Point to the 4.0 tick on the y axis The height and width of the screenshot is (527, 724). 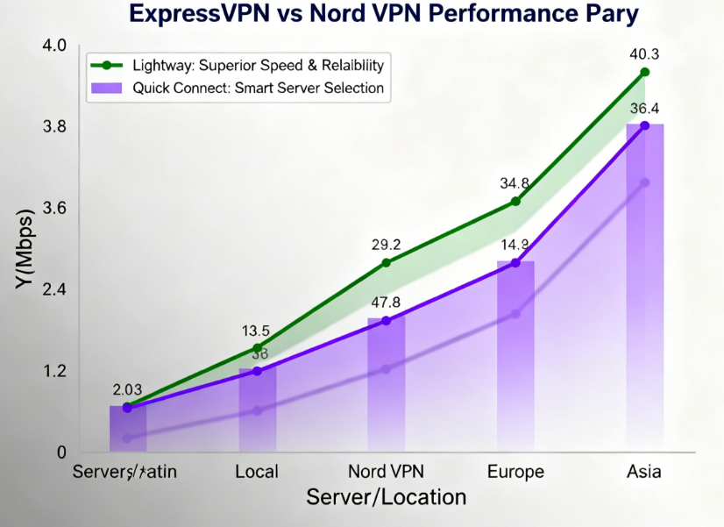55,45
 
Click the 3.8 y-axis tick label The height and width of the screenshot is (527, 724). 55,127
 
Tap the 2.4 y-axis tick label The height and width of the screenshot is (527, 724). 55,290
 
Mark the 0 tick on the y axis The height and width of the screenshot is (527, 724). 61,453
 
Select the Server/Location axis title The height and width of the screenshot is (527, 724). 386,497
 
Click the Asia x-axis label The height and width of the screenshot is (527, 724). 644,472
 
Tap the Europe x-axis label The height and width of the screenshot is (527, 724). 515,472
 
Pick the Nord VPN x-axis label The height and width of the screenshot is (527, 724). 386,472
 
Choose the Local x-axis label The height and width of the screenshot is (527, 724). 257,472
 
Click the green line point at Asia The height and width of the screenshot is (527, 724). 644,72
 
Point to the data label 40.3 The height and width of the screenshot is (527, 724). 644,54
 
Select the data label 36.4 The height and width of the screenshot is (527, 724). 644,109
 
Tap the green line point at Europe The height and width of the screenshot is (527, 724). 515,202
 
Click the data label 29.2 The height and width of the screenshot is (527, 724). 386,246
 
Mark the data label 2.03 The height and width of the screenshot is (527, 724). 128,389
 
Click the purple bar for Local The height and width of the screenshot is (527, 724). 257,412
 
